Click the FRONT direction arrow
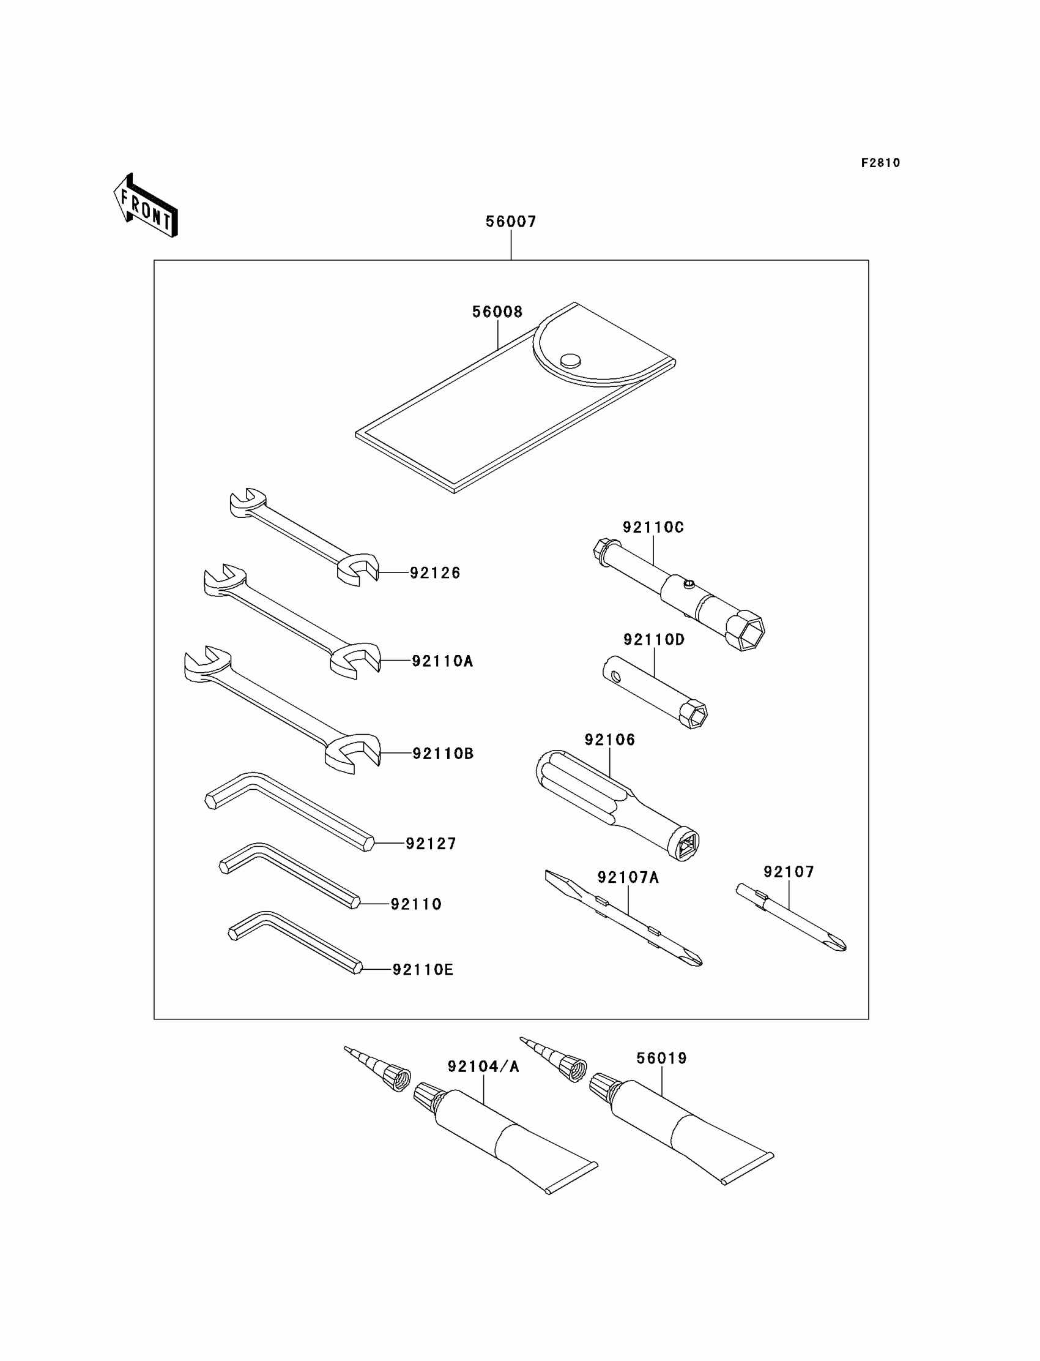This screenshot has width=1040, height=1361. coord(146,206)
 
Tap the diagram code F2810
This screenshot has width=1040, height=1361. coord(880,163)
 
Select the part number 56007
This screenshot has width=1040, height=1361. coord(511,222)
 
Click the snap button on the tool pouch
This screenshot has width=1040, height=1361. coord(570,360)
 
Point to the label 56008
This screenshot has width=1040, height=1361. coord(497,312)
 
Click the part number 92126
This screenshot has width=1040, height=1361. coord(435,573)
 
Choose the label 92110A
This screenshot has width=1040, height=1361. coord(442,662)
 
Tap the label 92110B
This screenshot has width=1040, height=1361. coord(443,754)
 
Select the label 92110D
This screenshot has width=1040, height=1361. coord(654,640)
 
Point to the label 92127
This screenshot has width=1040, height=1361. coord(431,844)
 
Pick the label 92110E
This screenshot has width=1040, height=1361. coord(423,970)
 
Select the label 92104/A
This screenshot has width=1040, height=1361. coord(483,1067)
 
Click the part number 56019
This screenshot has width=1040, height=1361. coord(662,1059)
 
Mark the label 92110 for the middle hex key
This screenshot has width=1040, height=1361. coord(416,904)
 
